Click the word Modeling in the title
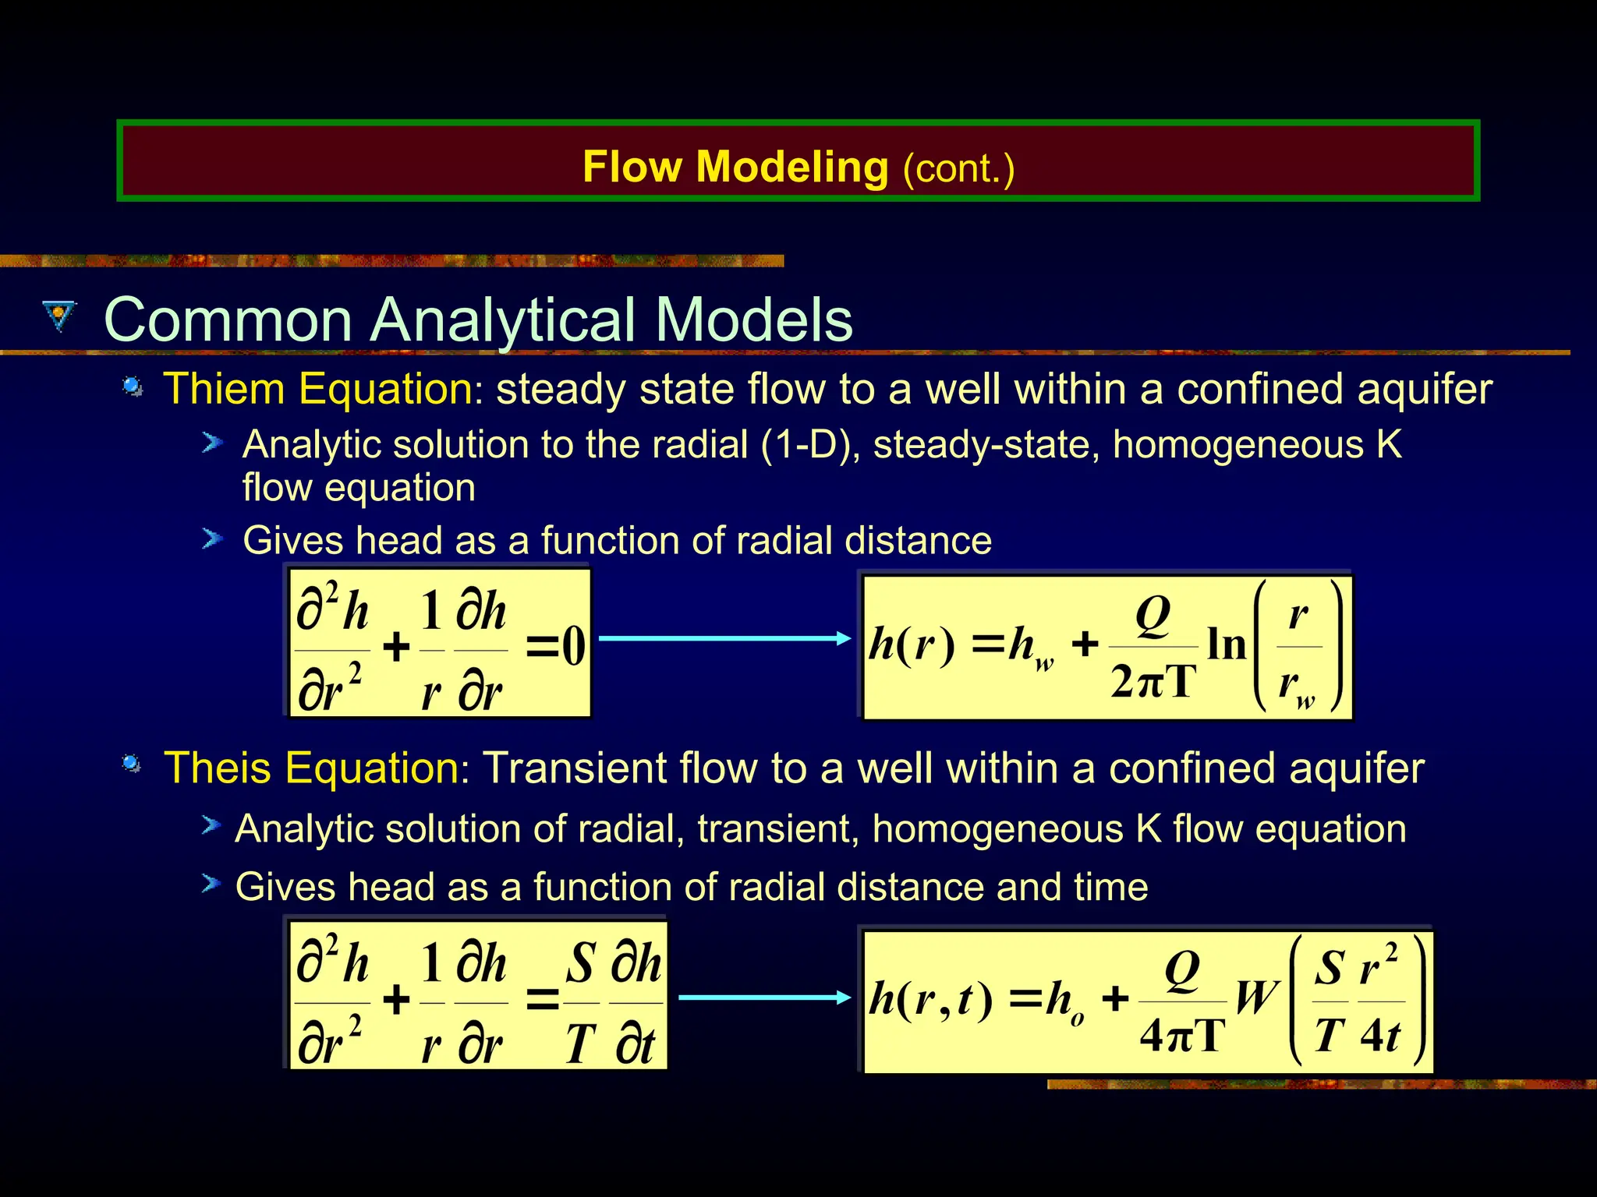(x=791, y=168)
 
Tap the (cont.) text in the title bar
(x=958, y=169)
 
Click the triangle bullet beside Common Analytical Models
(x=60, y=316)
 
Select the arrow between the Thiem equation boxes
(x=724, y=638)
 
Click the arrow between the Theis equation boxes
(x=764, y=997)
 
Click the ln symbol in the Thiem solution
(x=1227, y=644)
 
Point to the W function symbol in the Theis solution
(x=1256, y=997)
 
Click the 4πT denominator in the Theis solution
(x=1182, y=1036)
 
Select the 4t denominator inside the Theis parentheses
(x=1380, y=1036)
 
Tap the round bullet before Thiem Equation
(x=133, y=387)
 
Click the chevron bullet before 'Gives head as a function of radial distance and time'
(x=211, y=885)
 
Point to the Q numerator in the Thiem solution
(x=1153, y=616)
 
